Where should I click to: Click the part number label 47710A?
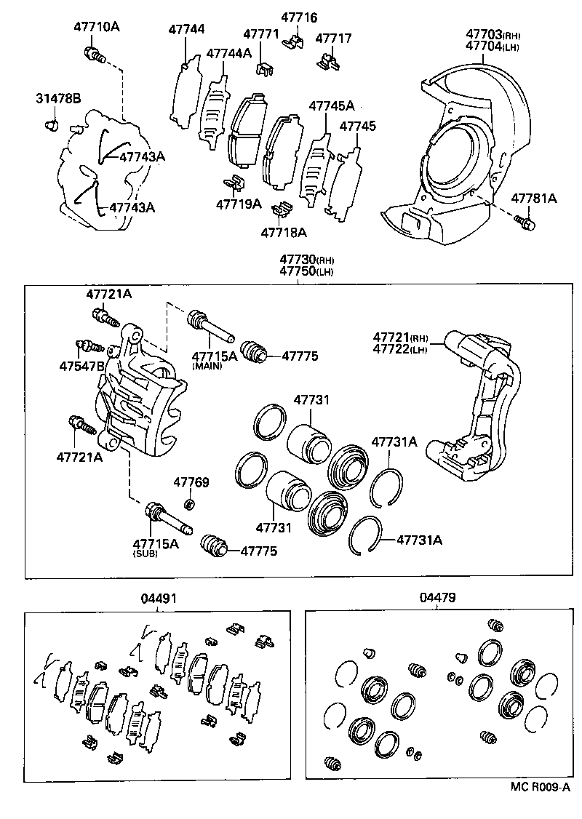tap(96, 28)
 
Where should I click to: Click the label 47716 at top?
tap(299, 17)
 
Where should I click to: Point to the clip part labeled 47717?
tap(328, 61)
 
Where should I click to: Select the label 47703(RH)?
tap(493, 34)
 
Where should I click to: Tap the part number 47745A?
tap(331, 106)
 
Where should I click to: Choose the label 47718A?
tap(284, 233)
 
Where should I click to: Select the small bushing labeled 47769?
tap(191, 504)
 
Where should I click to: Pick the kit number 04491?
tap(159, 598)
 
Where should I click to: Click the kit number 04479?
tap(437, 598)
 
